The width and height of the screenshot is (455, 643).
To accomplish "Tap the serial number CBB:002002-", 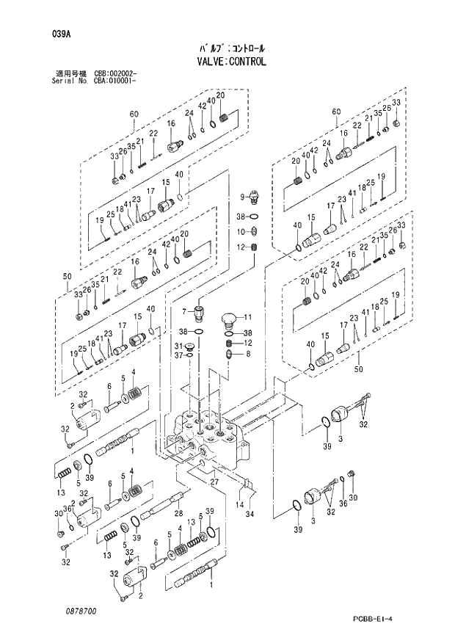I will pyautogui.click(x=115, y=74).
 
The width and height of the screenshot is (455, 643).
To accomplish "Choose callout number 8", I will pyautogui.click(x=247, y=353).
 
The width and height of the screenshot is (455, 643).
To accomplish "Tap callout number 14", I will pyautogui.click(x=240, y=505).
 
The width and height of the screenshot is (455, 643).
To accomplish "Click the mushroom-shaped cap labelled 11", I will pyautogui.click(x=230, y=319).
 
